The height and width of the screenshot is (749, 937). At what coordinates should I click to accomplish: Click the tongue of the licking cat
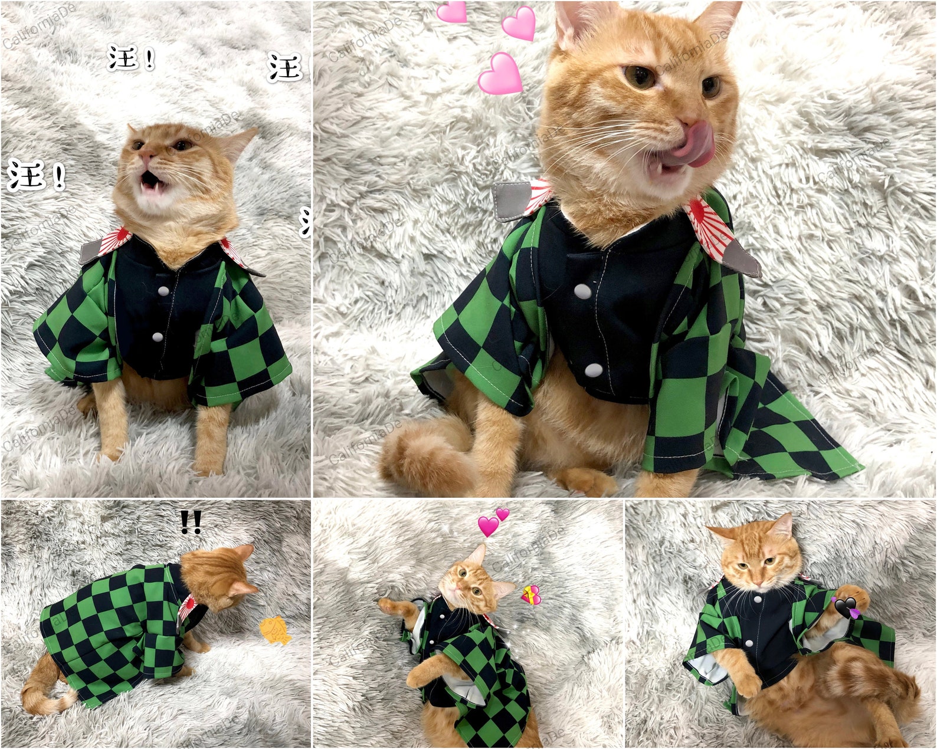tap(694, 143)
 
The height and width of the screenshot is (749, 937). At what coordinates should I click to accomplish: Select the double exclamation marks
tap(191, 522)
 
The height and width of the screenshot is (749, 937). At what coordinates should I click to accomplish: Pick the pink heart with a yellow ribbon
tap(531, 596)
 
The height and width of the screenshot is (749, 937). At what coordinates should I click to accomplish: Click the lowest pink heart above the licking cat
tap(500, 73)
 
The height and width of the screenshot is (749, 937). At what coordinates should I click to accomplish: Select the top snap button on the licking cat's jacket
tap(582, 290)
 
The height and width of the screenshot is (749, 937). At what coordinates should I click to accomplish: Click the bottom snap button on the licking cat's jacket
tap(594, 370)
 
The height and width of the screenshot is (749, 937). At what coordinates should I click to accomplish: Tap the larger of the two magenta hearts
tap(488, 525)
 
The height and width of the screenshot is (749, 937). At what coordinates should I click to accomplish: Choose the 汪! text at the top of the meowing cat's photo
tap(132, 58)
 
